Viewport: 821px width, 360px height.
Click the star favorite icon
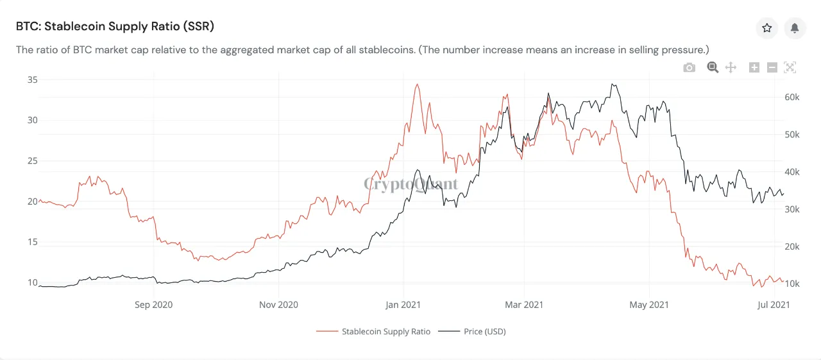[766, 28]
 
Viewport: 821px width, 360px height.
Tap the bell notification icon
[795, 28]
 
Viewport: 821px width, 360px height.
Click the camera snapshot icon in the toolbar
[690, 67]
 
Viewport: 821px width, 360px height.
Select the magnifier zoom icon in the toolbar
[713, 67]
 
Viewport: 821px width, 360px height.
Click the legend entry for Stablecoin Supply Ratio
[373, 331]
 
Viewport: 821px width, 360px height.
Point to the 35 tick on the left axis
[31, 80]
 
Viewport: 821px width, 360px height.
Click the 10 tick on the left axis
[31, 282]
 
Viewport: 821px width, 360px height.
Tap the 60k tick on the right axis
[791, 97]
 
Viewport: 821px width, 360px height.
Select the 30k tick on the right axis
[791, 209]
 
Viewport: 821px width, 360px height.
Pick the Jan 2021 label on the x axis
[403, 304]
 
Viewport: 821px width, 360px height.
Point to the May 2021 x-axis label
[649, 304]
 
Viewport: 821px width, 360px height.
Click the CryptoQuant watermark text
[411, 185]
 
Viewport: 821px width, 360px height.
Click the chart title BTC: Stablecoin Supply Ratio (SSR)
[115, 26]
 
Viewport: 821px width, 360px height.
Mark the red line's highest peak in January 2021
[417, 84]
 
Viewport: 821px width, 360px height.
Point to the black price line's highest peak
[614, 84]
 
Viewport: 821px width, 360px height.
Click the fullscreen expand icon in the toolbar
[790, 67]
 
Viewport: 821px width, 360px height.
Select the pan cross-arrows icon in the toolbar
[731, 67]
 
